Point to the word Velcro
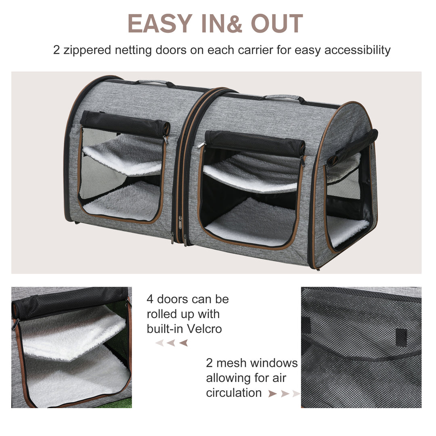[205, 329]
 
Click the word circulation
[234, 392]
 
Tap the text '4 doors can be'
[187, 299]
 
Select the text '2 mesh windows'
[252, 363]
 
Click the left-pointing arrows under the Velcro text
[172, 343]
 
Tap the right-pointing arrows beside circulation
[284, 393]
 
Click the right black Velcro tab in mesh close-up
[400, 335]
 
